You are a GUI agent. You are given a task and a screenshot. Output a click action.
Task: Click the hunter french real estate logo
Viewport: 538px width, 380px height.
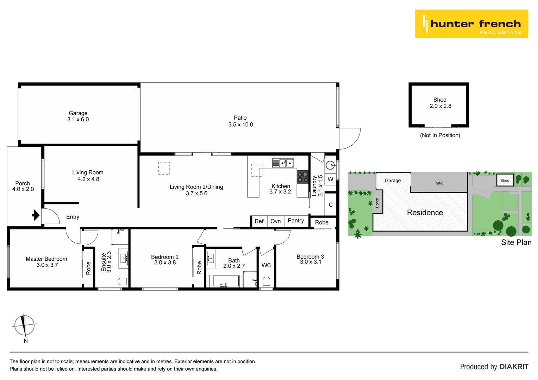pos(471,24)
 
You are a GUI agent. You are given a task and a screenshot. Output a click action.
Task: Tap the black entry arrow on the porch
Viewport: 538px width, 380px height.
pos(36,215)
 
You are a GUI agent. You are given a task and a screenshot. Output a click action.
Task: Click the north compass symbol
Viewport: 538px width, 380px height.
pos(24,325)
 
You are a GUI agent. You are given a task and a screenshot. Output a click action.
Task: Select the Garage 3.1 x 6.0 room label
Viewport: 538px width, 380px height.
pos(78,116)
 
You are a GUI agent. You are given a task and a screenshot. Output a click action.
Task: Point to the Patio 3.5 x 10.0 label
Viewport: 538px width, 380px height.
pos(240,121)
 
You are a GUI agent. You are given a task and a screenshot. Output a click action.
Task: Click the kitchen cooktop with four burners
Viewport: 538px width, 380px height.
pos(302,177)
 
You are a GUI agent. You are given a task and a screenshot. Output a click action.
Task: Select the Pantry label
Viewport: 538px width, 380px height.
pos(296,221)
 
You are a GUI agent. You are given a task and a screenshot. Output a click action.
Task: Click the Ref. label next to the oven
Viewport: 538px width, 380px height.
pos(259,221)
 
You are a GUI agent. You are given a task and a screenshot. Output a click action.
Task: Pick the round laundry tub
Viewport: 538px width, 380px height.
pos(330,165)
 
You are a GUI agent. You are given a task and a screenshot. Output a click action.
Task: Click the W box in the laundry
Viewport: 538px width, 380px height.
pos(330,179)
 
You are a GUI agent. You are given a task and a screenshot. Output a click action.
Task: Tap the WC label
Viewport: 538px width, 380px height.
pos(266,265)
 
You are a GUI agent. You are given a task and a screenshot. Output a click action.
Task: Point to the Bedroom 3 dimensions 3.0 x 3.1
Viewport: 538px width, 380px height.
pos(311,262)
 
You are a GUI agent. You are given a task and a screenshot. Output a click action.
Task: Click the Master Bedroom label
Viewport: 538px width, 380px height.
pos(46,259)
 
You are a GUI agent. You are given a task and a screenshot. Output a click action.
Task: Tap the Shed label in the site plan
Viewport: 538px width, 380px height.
pos(505,180)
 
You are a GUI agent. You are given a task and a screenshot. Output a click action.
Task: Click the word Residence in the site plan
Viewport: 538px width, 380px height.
pos(425,213)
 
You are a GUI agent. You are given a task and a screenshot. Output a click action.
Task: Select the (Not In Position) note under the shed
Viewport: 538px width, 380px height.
pos(440,135)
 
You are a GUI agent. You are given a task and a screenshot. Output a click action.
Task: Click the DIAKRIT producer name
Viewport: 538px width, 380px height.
pos(514,367)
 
